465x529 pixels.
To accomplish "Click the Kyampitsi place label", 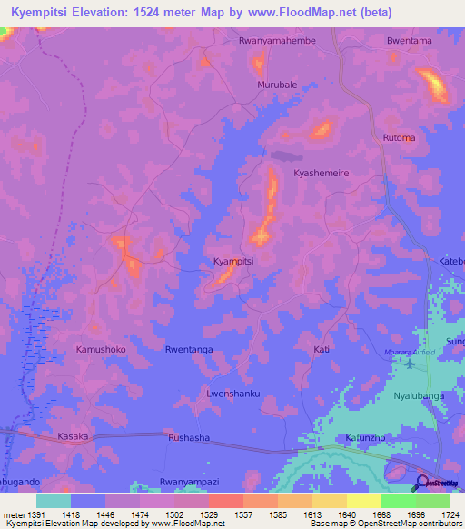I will click(232, 261).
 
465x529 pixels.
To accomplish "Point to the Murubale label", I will click(272, 85).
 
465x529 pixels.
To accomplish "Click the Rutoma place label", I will click(399, 138).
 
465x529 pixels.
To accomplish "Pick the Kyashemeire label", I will click(321, 173).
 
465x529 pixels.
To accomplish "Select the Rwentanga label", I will click(189, 349).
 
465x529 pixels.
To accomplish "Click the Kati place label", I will click(321, 349).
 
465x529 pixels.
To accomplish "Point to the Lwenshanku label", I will click(233, 393).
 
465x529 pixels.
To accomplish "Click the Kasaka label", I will click(73, 436).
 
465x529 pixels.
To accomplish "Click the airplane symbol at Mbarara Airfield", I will click(408, 364).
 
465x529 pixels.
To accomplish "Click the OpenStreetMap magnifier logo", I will click(421, 482).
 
